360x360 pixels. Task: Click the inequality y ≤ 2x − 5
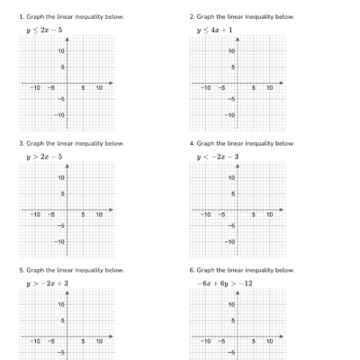click(x=44, y=30)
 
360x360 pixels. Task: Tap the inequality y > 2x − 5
click(x=44, y=157)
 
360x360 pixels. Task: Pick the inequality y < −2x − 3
click(x=218, y=157)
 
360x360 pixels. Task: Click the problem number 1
click(x=21, y=17)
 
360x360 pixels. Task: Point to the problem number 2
click(x=191, y=17)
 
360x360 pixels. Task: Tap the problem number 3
click(x=21, y=143)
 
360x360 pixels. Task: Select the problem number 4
click(x=191, y=143)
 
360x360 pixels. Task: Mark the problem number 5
click(x=21, y=270)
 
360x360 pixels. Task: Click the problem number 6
click(x=191, y=270)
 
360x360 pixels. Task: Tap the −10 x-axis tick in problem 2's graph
click(x=206, y=88)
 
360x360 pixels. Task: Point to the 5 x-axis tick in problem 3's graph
click(x=84, y=215)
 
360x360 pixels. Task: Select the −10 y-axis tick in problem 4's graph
click(x=229, y=242)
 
